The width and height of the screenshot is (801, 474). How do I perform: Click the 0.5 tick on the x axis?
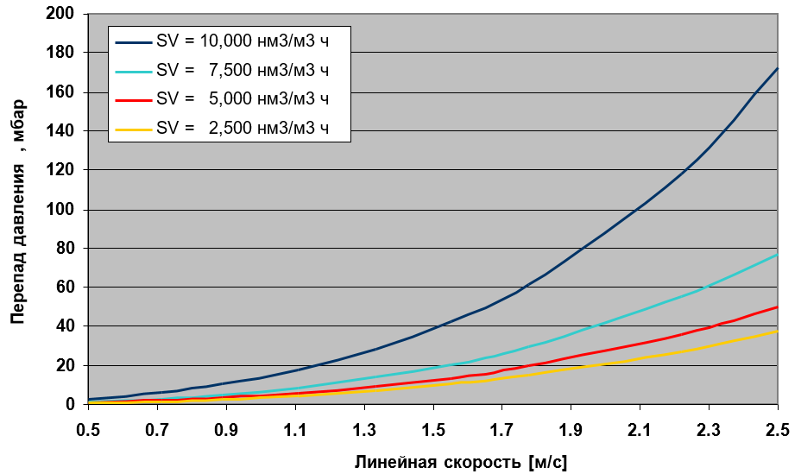coord(88,428)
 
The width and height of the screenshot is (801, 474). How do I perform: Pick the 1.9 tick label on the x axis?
coord(571,428)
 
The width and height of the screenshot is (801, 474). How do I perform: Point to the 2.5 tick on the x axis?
coord(777,428)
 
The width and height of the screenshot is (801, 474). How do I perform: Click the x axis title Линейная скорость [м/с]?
coord(461,462)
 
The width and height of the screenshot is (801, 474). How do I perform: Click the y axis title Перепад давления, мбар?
coord(17,210)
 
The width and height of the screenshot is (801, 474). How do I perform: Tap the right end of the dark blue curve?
coord(778,68)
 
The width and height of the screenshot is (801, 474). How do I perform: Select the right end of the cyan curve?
coord(778,254)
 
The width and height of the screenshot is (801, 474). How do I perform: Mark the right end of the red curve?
coord(778,307)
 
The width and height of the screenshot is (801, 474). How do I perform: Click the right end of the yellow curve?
coord(778,331)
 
